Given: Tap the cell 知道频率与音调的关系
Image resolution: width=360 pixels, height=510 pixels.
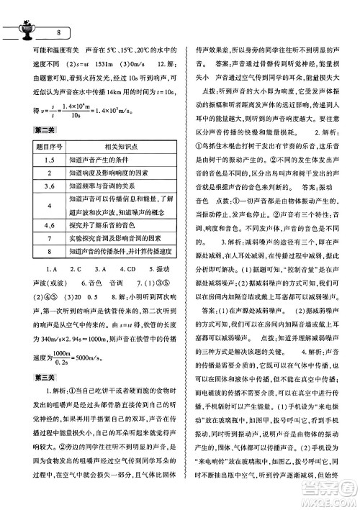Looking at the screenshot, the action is tap(102, 185).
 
